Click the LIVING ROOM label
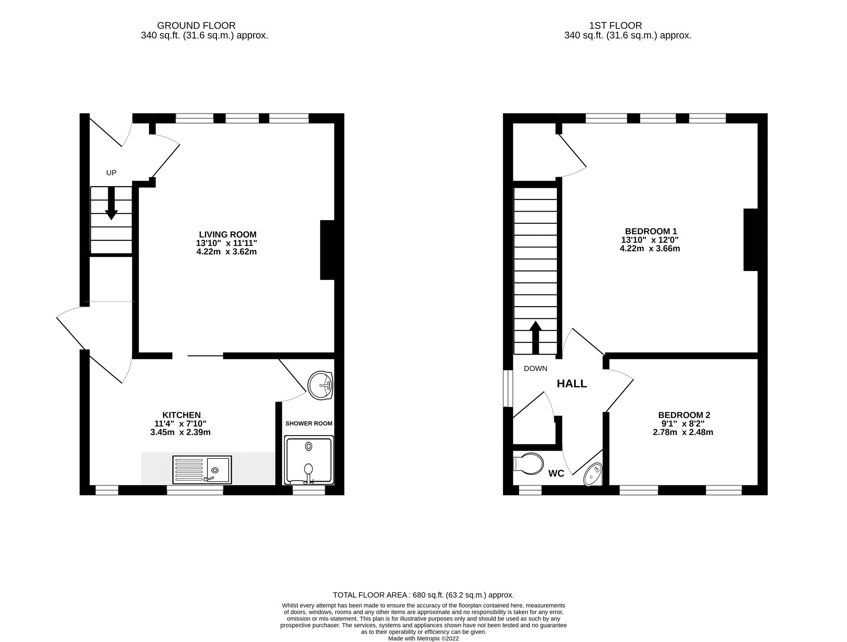[x=228, y=234]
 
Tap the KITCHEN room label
[x=182, y=415]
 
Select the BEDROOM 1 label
[x=651, y=231]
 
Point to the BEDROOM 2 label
[x=684, y=415]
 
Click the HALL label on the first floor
[x=572, y=384]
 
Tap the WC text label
[x=556, y=474]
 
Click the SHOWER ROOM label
[x=309, y=423]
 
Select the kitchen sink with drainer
[x=202, y=469]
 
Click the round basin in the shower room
[x=320, y=386]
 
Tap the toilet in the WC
[x=527, y=462]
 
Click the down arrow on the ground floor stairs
[x=111, y=203]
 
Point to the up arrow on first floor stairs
[x=535, y=337]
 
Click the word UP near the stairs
[x=111, y=173]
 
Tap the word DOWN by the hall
[x=535, y=368]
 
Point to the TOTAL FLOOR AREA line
[x=423, y=595]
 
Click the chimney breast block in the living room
[x=327, y=250]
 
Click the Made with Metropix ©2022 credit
[x=423, y=639]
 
